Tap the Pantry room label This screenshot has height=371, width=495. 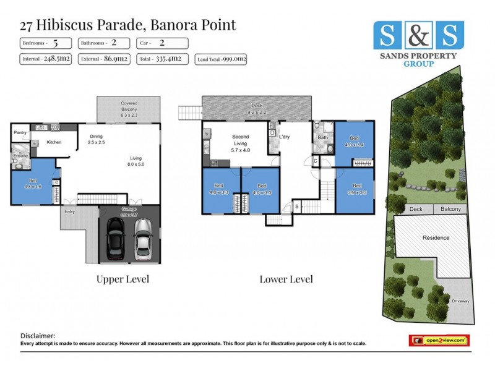(x=21, y=132)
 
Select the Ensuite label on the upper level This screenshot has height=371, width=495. (x=20, y=156)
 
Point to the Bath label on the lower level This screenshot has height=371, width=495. (x=322, y=137)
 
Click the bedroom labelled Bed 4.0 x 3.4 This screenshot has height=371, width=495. (x=355, y=142)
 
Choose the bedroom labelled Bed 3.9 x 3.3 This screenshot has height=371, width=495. (x=356, y=189)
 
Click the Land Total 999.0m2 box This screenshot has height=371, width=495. (x=222, y=59)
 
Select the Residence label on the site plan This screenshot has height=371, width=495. (x=436, y=237)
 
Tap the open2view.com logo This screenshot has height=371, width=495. (x=439, y=340)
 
